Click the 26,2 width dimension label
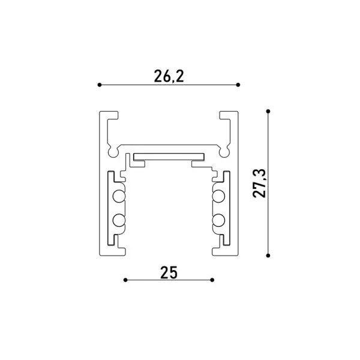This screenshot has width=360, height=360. tap(169, 76)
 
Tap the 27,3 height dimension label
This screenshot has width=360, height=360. tap(259, 183)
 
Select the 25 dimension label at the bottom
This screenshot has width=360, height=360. tap(169, 272)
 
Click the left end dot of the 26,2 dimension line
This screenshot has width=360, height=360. tap(100, 85)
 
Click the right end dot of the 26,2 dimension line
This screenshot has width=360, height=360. tap(238, 85)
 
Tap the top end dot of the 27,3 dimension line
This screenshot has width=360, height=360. tap(268, 112)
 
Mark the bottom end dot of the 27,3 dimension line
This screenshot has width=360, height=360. tap(268, 256)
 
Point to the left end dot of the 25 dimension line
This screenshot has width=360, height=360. tap(125, 280)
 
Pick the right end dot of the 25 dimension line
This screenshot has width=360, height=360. tap(212, 280)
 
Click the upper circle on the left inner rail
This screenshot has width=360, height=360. tap(119, 196)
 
